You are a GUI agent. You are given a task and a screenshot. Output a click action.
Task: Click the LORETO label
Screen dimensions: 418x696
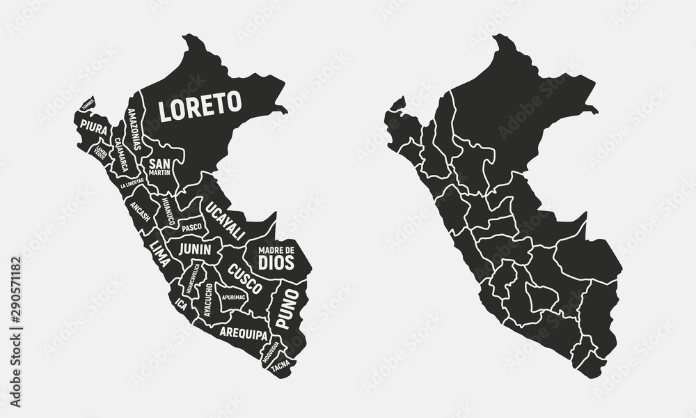tap(200, 107)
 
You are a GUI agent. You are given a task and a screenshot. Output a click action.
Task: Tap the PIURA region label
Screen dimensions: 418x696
tap(93, 126)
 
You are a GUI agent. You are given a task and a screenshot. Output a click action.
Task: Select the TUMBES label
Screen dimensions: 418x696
tap(87, 105)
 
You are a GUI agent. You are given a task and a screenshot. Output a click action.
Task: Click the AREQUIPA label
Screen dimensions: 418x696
tap(243, 334)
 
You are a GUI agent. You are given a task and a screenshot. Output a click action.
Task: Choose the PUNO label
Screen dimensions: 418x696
tap(287, 309)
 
